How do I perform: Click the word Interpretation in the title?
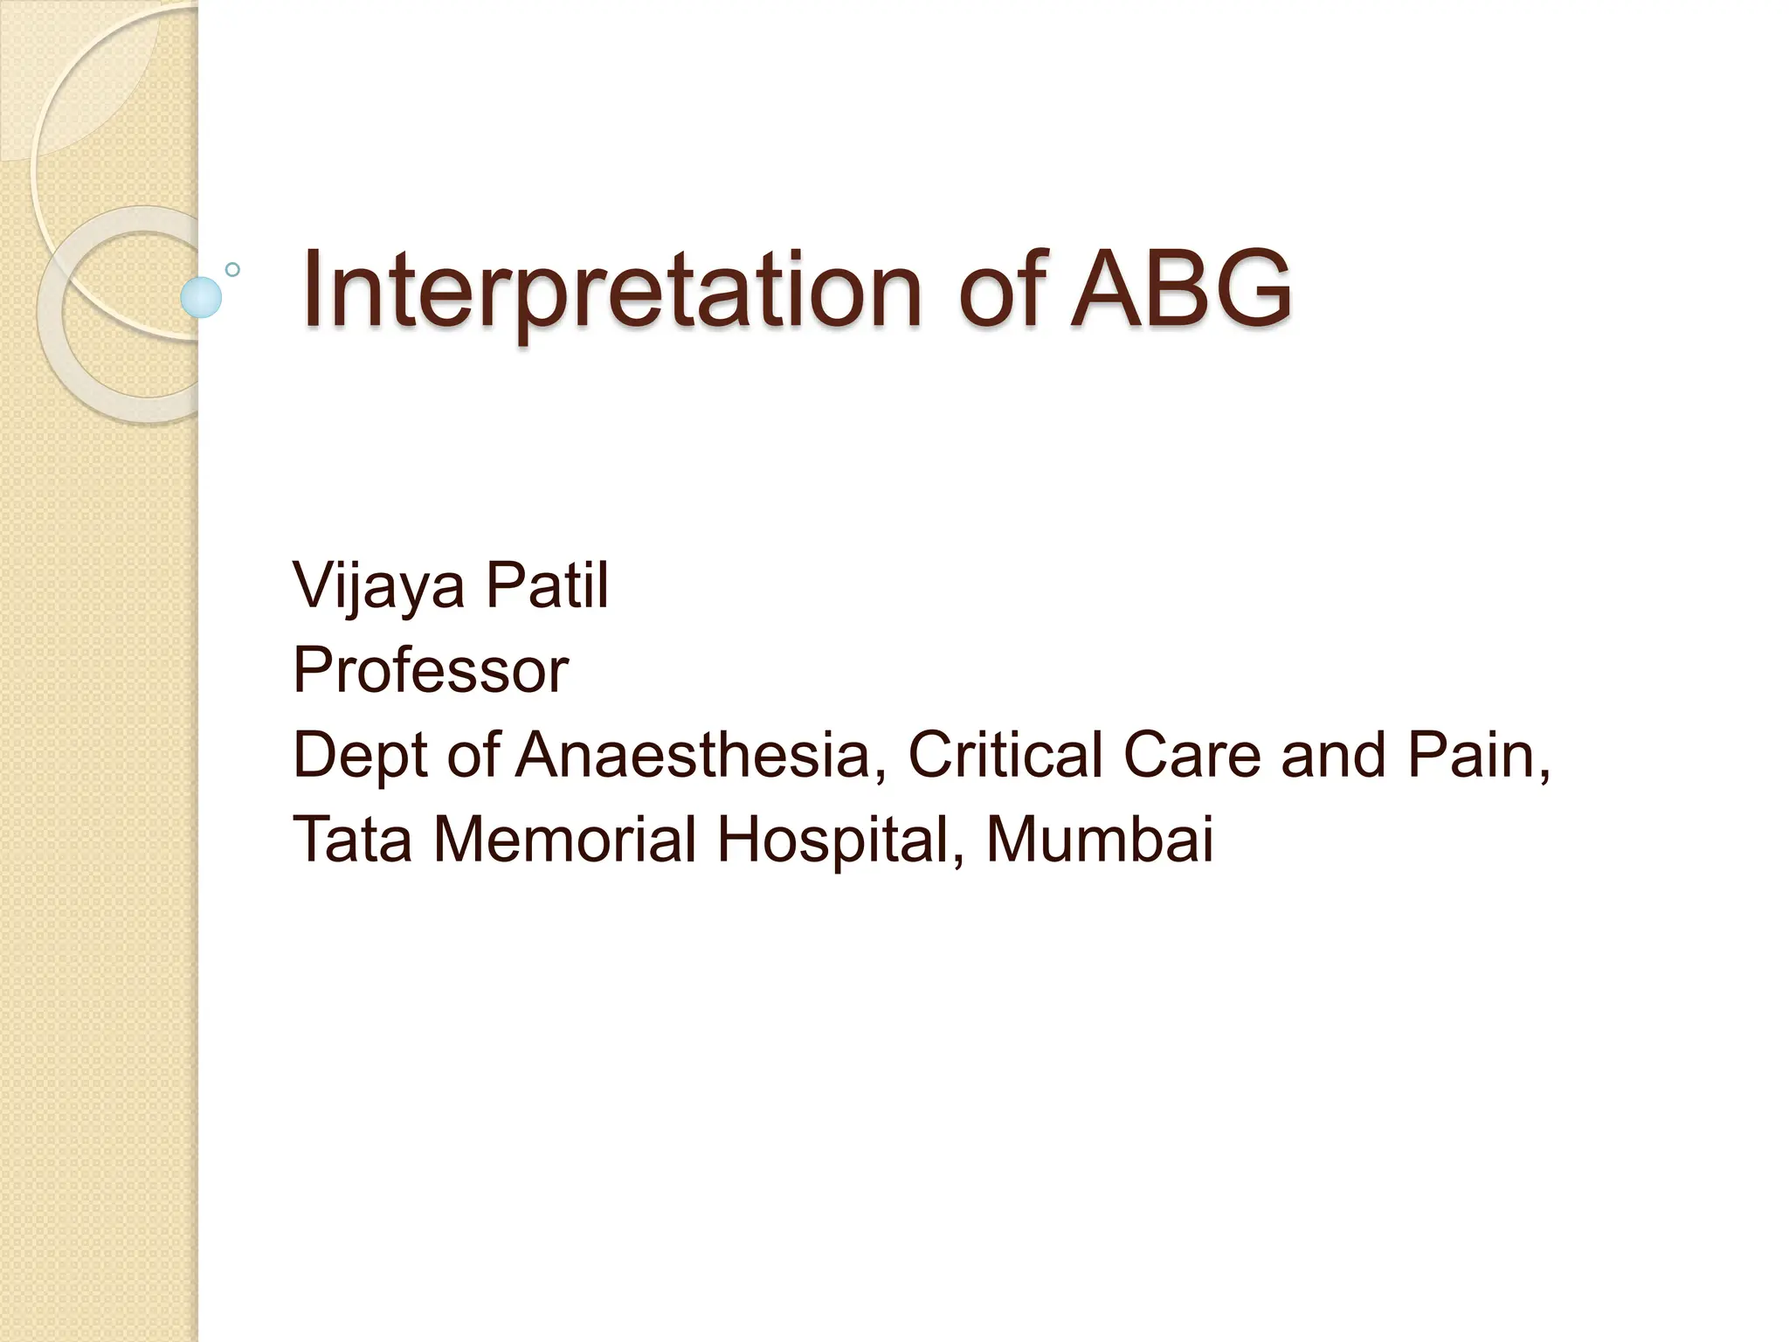click(611, 290)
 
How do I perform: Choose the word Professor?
click(431, 670)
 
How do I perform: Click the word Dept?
click(360, 756)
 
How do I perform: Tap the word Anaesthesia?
click(692, 754)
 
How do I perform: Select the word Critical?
click(1005, 754)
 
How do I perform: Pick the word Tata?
click(352, 839)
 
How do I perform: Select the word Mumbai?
click(1100, 839)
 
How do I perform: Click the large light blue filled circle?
click(201, 297)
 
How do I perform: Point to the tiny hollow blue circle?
click(232, 269)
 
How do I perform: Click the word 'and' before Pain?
click(1333, 754)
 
